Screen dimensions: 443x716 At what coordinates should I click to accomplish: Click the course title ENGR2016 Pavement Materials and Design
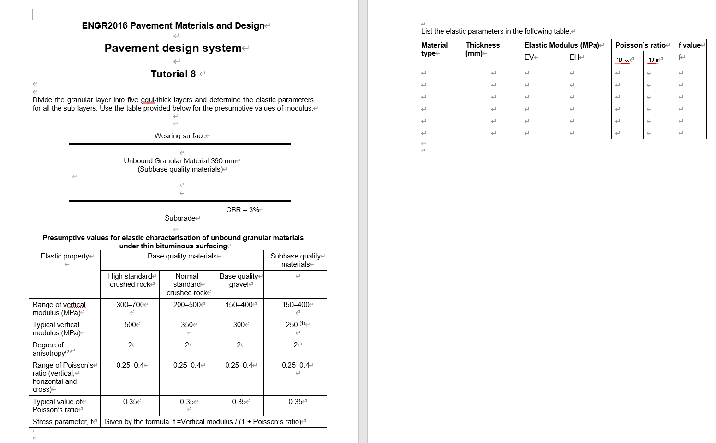[x=173, y=25]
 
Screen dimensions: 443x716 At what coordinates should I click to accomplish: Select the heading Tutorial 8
[x=173, y=74]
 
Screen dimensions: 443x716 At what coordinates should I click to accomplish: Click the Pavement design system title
[x=173, y=48]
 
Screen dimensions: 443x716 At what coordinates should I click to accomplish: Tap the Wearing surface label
[x=180, y=136]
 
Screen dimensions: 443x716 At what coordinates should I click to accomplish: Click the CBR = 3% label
[x=243, y=210]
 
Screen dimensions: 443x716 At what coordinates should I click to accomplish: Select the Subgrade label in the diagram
[x=180, y=218]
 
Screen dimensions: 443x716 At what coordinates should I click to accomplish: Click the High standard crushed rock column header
[x=130, y=281]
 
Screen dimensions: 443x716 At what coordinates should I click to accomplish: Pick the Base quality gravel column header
[x=239, y=281]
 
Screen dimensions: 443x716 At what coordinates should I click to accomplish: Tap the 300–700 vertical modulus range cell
[x=130, y=305]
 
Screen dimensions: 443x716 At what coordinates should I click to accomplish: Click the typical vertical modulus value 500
[x=130, y=325]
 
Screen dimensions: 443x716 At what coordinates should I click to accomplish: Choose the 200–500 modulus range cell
[x=187, y=305]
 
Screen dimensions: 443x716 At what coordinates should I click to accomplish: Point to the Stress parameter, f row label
[x=63, y=422]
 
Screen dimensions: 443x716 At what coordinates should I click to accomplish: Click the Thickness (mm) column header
[x=483, y=49]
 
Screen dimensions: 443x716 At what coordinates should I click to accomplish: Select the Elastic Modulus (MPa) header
[x=561, y=45]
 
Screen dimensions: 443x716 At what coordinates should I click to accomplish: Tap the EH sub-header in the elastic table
[x=574, y=57]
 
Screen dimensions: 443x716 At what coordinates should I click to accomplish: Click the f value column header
[x=690, y=45]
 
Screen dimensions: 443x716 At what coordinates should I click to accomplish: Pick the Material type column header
[x=434, y=49]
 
